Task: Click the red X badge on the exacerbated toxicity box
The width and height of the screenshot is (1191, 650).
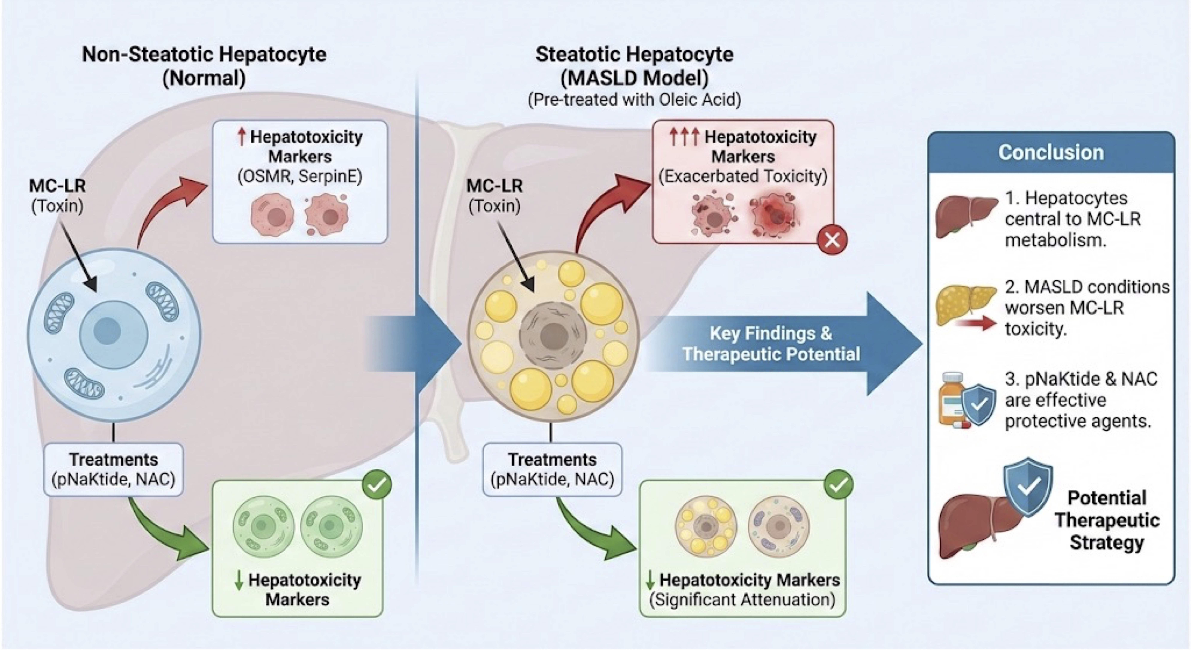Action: (832, 240)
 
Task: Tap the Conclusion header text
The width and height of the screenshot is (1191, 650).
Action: (1051, 152)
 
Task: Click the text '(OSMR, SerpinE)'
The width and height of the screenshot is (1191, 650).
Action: (300, 176)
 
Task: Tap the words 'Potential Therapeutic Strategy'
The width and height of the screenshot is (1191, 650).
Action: (1107, 520)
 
